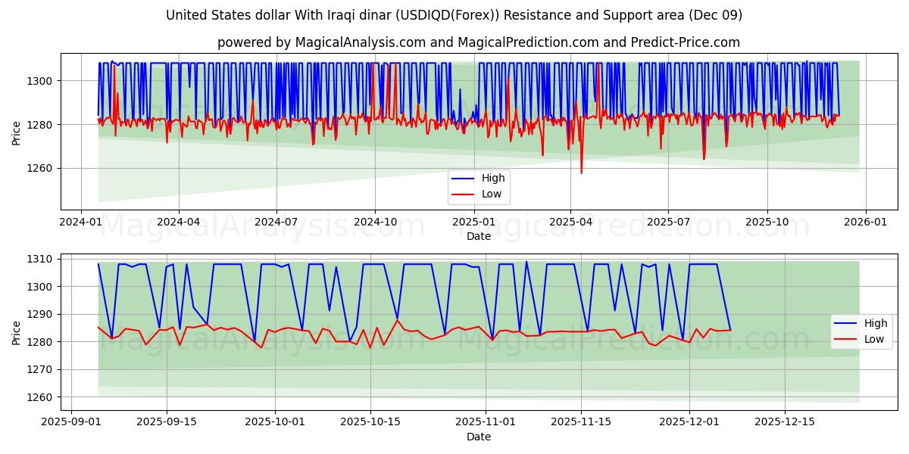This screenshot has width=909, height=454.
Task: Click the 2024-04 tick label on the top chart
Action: tap(179, 222)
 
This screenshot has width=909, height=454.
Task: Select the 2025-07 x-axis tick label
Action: tap(668, 222)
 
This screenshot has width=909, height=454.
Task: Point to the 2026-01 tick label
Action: tap(865, 222)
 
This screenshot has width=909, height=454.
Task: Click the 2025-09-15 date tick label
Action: tap(166, 422)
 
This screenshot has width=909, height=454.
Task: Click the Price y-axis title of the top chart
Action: tap(17, 132)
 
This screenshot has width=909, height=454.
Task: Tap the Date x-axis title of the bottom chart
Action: tap(478, 437)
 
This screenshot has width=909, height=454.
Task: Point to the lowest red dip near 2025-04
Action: tap(581, 173)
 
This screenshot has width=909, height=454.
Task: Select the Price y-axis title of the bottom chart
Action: tap(17, 331)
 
